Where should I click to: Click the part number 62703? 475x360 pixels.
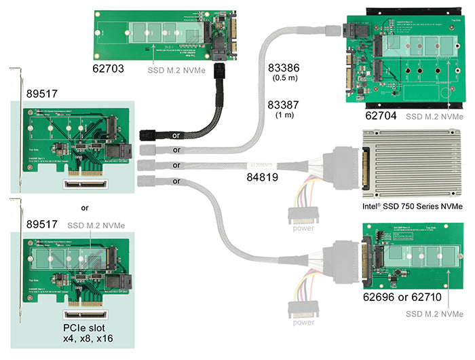coord(110,69)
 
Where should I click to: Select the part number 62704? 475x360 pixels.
coord(382,116)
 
